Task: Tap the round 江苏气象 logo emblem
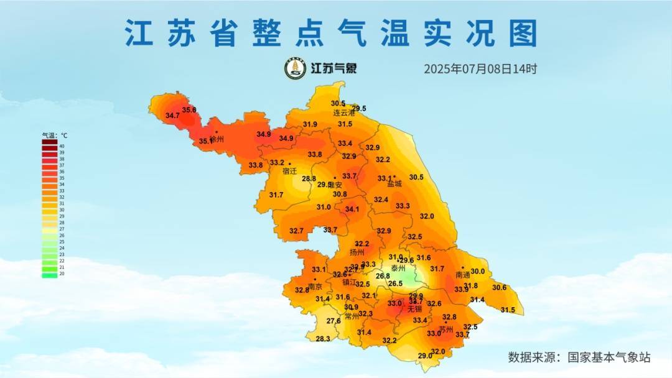(x=295, y=68)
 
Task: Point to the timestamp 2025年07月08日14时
(x=480, y=69)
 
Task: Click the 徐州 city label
(x=217, y=140)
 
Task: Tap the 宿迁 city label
(x=289, y=171)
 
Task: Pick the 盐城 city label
(x=394, y=184)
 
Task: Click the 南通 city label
(x=463, y=275)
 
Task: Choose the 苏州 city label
(x=446, y=330)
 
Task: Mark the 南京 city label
(x=315, y=287)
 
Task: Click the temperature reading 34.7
(x=172, y=116)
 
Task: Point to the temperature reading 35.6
(x=189, y=110)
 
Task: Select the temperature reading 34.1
(x=352, y=210)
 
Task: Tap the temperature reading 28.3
(x=323, y=339)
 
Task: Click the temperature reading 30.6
(x=499, y=288)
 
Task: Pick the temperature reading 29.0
(x=424, y=356)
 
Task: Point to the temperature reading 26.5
(x=395, y=283)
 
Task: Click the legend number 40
(x=62, y=146)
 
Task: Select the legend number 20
(x=62, y=274)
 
